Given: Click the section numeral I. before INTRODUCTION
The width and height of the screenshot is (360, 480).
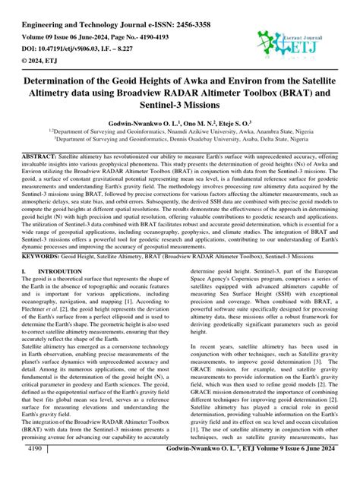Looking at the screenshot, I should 25,292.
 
